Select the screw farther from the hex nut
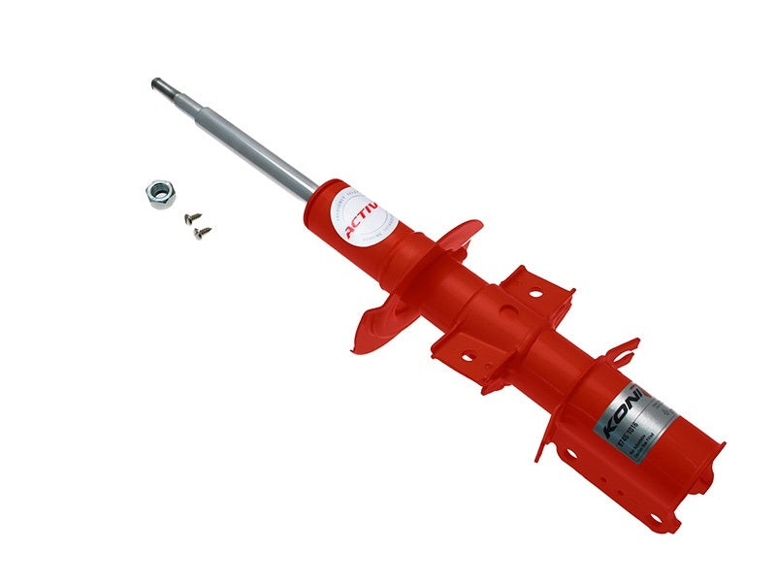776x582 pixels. tap(203, 232)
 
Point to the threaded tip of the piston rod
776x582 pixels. tap(157, 84)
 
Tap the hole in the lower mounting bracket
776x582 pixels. tap(465, 356)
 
